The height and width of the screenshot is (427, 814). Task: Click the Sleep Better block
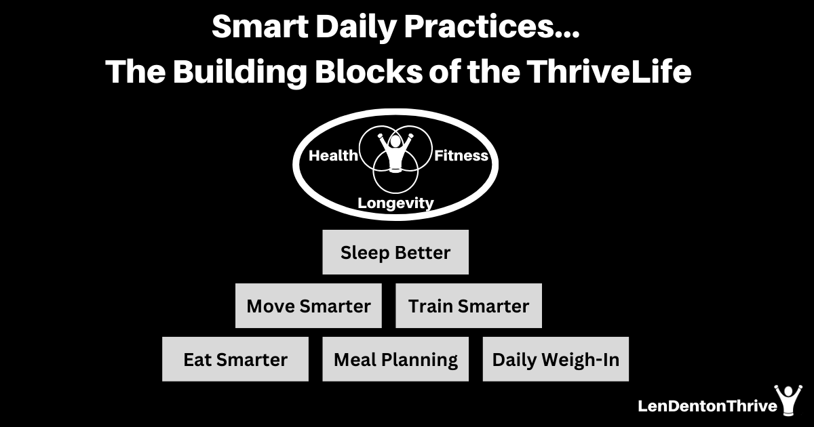pyautogui.click(x=395, y=252)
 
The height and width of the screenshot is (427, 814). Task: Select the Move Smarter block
pyautogui.click(x=309, y=306)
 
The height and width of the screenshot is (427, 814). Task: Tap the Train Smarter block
pyautogui.click(x=469, y=306)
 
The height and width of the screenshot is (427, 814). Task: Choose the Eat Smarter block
pyautogui.click(x=235, y=359)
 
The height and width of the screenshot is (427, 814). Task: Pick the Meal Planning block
pyautogui.click(x=395, y=359)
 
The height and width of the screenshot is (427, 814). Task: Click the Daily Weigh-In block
pyautogui.click(x=556, y=359)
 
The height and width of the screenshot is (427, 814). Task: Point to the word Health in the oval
pyautogui.click(x=333, y=156)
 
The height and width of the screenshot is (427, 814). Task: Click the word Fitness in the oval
pyautogui.click(x=461, y=156)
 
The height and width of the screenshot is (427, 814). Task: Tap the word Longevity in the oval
pyautogui.click(x=395, y=203)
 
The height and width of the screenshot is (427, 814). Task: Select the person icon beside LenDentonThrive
pyautogui.click(x=788, y=401)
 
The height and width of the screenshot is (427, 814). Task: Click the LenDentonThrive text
pyautogui.click(x=708, y=406)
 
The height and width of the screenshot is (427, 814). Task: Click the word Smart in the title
pyautogui.click(x=260, y=27)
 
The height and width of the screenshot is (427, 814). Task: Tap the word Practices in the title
pyautogui.click(x=477, y=27)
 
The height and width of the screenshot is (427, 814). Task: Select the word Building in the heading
pyautogui.click(x=240, y=73)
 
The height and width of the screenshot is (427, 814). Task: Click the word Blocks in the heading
pyautogui.click(x=368, y=71)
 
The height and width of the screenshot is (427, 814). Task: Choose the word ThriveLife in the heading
pyautogui.click(x=609, y=71)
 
